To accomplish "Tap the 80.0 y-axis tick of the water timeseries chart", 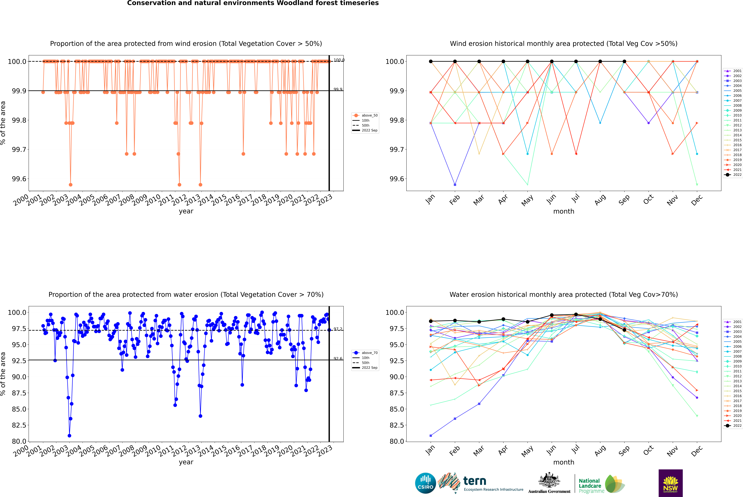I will [x=18, y=441].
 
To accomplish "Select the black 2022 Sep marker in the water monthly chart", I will [x=624, y=330].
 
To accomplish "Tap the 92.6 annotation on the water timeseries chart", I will [x=338, y=358].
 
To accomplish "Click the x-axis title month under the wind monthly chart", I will [x=563, y=211].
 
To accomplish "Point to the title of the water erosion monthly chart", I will [x=563, y=294].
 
